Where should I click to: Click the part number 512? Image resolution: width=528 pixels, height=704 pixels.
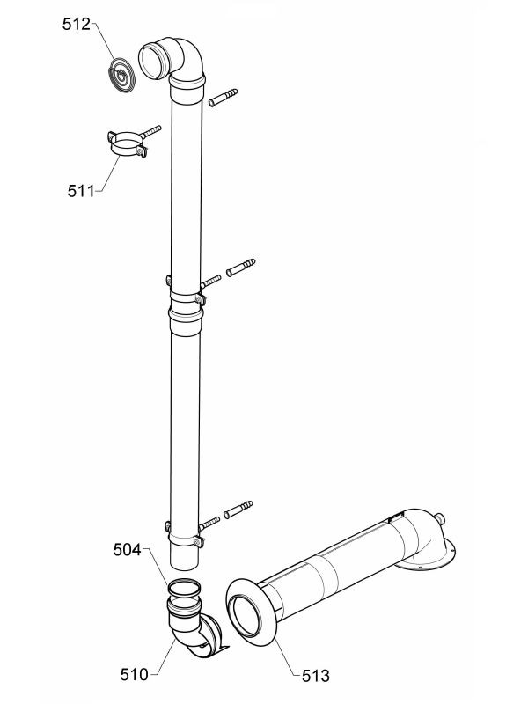tap(76, 25)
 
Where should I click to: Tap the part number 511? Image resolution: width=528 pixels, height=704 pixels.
tap(81, 191)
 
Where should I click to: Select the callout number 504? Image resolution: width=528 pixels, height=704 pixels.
tap(127, 549)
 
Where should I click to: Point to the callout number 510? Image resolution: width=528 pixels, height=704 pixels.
tap(134, 674)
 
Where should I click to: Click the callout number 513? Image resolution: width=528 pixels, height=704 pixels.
tap(316, 675)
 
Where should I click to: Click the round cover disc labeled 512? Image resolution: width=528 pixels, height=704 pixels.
tap(121, 76)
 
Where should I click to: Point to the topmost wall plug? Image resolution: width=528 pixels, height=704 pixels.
tap(224, 98)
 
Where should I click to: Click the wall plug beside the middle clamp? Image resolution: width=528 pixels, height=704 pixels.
tap(240, 268)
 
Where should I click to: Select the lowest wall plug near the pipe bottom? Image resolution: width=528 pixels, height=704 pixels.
tap(238, 510)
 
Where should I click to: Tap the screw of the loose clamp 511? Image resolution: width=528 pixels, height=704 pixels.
tap(150, 131)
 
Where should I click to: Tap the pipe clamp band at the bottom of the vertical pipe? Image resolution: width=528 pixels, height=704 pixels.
tap(185, 538)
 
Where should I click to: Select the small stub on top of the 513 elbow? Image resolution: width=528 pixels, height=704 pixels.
tap(441, 519)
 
